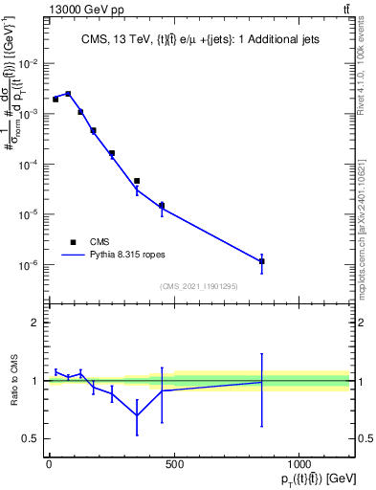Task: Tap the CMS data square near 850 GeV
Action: pos(261,260)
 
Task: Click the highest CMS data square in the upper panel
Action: pos(68,94)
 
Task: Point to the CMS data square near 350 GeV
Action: pos(137,181)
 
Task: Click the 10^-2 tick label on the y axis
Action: pos(29,63)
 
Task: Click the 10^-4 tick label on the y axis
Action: pos(29,165)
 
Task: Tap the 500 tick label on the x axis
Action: pos(173,464)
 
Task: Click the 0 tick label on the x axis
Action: pos(49,464)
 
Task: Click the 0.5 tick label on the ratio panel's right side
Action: pos(364,438)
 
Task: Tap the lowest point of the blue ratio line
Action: pos(137,415)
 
